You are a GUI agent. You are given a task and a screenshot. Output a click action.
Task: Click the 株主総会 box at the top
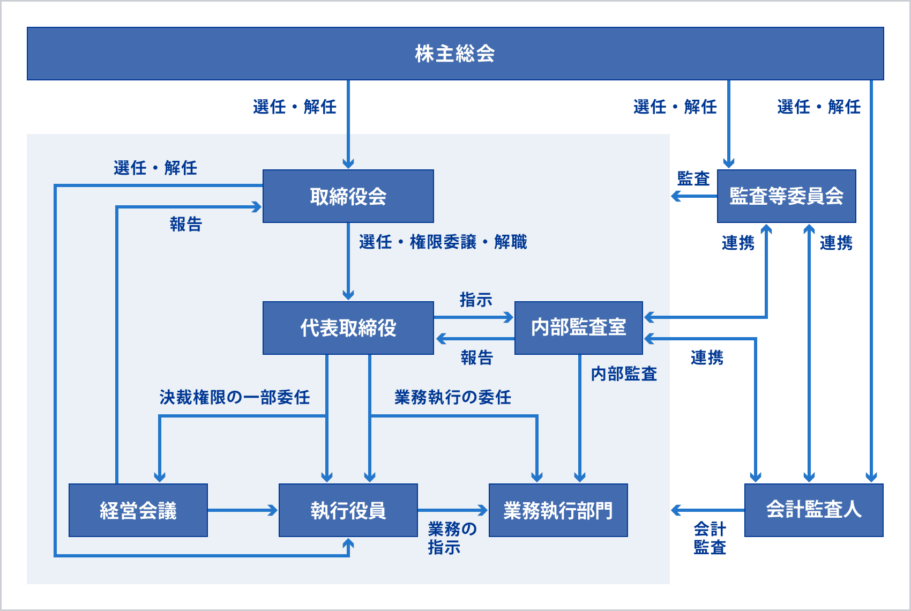455,54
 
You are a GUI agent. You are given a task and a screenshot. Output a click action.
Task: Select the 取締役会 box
348,196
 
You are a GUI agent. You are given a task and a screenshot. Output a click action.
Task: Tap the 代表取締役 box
348,328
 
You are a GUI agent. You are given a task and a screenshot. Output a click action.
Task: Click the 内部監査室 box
578,328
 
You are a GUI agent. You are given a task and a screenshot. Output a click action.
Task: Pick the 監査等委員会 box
786,196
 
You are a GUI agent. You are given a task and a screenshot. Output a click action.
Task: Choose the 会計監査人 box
813,510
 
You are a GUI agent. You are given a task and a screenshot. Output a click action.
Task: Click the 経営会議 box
138,510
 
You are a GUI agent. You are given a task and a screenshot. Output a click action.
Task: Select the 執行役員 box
348,510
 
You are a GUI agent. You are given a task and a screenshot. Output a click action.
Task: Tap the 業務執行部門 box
558,510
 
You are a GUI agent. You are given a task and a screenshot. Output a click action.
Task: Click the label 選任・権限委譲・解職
443,242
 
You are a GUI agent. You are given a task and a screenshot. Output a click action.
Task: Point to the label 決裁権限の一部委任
234,397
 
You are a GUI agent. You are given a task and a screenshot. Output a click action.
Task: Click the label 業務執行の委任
452,397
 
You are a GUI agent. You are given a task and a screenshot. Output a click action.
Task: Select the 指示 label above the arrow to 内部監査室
475,300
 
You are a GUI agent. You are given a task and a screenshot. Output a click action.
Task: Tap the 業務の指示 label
451,538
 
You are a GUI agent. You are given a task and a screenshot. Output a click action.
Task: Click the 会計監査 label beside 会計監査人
710,538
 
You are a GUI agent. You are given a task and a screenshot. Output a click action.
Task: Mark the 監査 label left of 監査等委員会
693,178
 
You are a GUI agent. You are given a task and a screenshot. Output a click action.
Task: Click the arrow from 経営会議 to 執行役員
242,510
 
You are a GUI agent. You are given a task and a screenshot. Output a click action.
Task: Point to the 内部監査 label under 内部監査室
624,374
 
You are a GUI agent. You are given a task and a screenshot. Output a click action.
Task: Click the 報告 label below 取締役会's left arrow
185,224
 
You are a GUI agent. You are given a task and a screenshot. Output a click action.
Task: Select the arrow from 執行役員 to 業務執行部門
452,510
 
